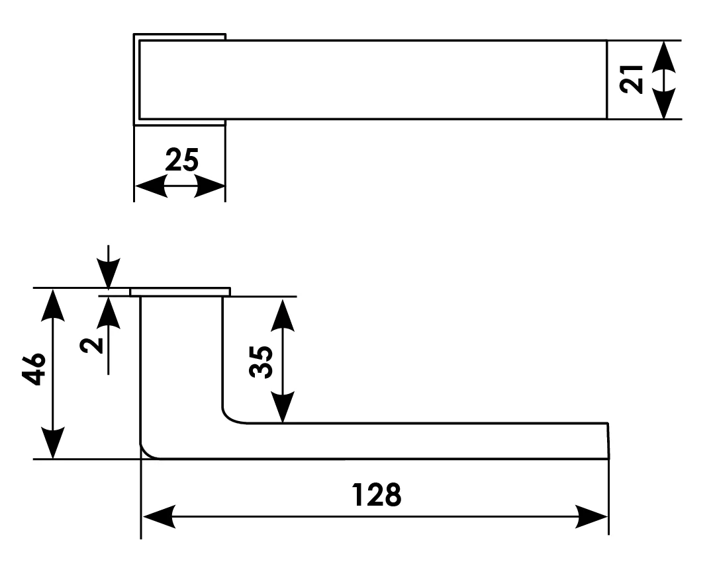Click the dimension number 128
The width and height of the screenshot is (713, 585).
376,494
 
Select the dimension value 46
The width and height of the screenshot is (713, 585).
35,368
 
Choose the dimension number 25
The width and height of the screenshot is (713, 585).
181,160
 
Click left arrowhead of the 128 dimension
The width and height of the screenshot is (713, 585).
159,516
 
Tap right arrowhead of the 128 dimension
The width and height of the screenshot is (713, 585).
591,516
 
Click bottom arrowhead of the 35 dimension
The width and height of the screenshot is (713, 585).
283,407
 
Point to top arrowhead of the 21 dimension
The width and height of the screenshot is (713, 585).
663,56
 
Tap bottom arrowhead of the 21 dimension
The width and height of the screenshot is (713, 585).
663,104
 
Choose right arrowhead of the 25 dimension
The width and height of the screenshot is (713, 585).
210,187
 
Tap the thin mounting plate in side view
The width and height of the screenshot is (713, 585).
180,292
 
